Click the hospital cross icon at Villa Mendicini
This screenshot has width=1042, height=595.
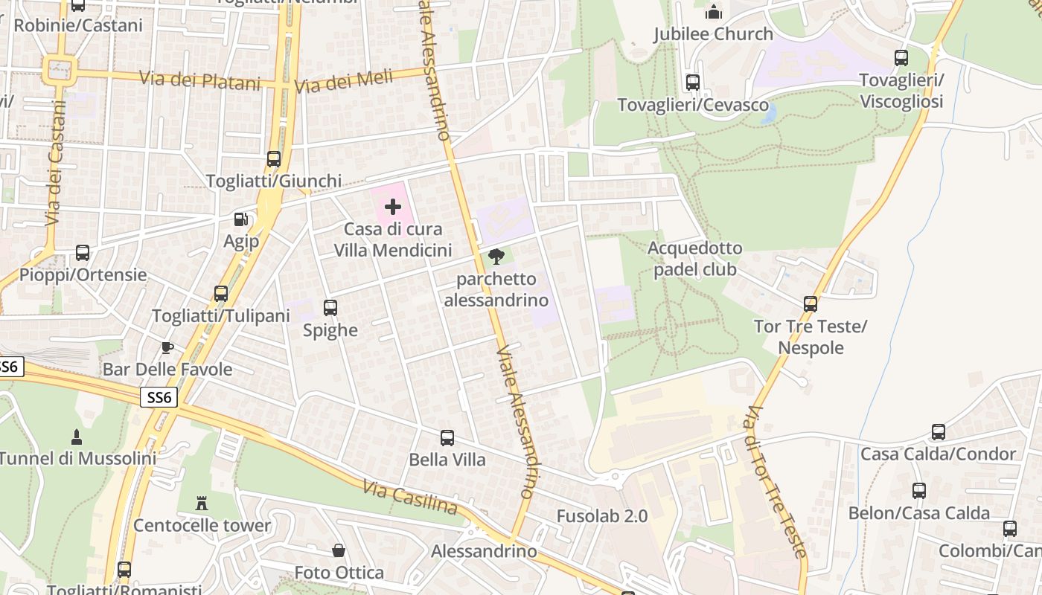(x=393, y=207)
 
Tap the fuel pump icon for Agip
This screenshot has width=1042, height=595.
(x=240, y=219)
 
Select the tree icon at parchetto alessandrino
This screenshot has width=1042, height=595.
(x=496, y=257)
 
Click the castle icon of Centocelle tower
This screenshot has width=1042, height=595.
(x=202, y=504)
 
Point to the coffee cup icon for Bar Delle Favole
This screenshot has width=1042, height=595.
(x=167, y=347)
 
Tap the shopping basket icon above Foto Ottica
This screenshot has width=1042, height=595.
(x=339, y=550)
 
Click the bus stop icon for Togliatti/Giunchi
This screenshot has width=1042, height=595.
(x=274, y=158)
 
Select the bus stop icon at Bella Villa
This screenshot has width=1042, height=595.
(x=447, y=438)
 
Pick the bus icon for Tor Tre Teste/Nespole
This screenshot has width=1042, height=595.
(x=811, y=303)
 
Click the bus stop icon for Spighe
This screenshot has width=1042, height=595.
(x=330, y=307)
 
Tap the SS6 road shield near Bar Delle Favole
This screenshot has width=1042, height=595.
(x=159, y=398)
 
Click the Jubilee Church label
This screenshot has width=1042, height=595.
(x=713, y=34)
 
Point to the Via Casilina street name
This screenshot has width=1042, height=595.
(x=410, y=498)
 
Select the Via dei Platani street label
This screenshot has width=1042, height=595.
(x=200, y=80)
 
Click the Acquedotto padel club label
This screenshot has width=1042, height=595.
(x=695, y=258)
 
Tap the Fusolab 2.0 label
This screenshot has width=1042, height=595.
(x=601, y=515)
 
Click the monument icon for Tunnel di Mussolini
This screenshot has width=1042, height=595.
(x=76, y=436)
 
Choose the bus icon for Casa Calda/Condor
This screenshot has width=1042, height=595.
(x=939, y=432)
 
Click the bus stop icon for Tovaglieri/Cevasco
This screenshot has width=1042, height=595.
(x=693, y=83)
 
